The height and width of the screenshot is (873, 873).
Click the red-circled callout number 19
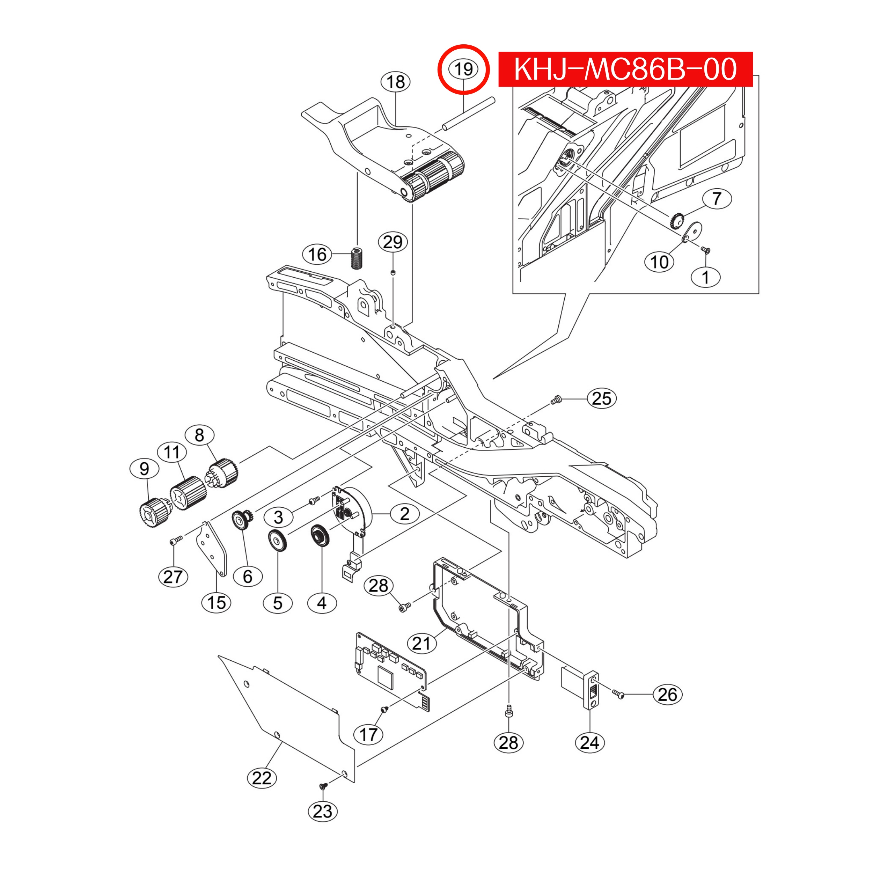point(463,69)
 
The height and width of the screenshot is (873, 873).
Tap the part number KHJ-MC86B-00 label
point(625,69)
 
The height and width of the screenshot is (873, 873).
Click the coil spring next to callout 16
point(357,258)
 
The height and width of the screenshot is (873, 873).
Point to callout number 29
point(393,242)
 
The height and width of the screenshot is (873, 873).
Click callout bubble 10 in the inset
point(659,262)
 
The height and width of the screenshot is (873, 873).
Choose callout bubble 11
point(172,452)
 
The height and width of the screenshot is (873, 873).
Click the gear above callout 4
point(320,536)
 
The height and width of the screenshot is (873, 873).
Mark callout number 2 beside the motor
point(404,514)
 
